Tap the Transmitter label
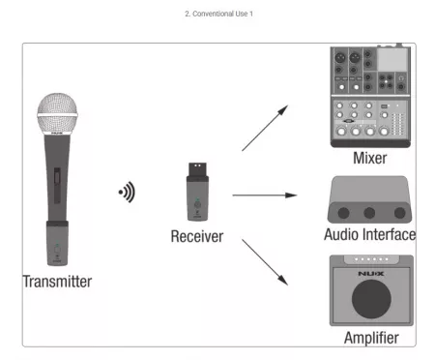tap(57, 282)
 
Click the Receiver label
tap(197, 236)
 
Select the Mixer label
tap(370, 158)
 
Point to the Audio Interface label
tap(370, 234)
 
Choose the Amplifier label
tap(371, 338)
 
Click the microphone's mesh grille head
tap(57, 113)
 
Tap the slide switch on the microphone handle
tap(57, 185)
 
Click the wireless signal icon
tap(127, 192)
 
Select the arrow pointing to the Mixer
tap(265, 128)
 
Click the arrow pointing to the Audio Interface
tap(265, 195)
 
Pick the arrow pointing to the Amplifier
tap(265, 262)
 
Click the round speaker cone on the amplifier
tap(371, 299)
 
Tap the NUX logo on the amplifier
tap(371, 274)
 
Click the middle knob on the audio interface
tap(369, 213)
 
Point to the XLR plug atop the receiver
tap(197, 169)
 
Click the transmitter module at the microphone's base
tap(57, 243)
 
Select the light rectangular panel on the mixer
tap(392, 59)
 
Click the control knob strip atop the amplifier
tap(371, 259)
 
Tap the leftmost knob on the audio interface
tap(343, 213)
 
